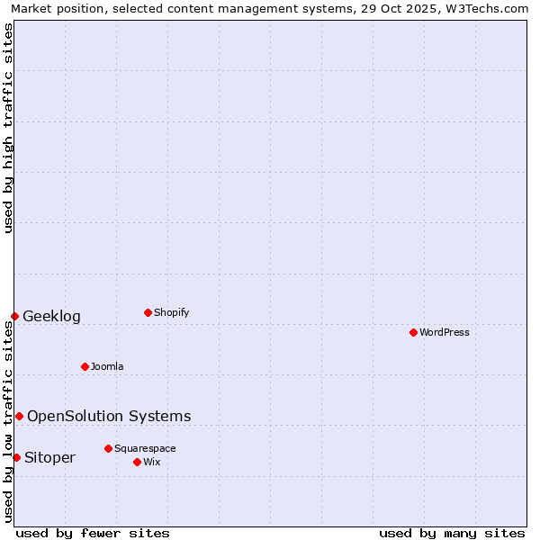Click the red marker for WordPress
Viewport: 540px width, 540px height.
coord(413,332)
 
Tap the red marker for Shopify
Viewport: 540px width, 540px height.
coord(148,312)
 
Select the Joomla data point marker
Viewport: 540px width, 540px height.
coord(85,366)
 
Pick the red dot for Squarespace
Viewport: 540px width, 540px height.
coord(108,448)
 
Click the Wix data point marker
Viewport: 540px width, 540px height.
coord(137,462)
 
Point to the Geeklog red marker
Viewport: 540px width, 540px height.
coord(14,316)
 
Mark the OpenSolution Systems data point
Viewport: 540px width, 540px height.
coord(19,416)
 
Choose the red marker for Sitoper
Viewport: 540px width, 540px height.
coord(16,457)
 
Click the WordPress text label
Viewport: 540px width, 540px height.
coord(445,332)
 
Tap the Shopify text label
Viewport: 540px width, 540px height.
coord(171,312)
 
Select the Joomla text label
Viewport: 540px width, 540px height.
coord(107,366)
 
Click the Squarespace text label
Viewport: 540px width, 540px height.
coord(145,448)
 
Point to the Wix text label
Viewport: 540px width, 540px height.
coord(151,462)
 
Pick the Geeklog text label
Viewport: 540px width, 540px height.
coord(51,316)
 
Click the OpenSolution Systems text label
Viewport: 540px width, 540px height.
coord(109,416)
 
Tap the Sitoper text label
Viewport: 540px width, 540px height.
coord(49,457)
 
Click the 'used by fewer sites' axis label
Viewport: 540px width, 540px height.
coord(93,533)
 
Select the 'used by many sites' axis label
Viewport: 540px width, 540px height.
coord(452,533)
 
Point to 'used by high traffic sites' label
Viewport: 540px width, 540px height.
coord(8,129)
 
